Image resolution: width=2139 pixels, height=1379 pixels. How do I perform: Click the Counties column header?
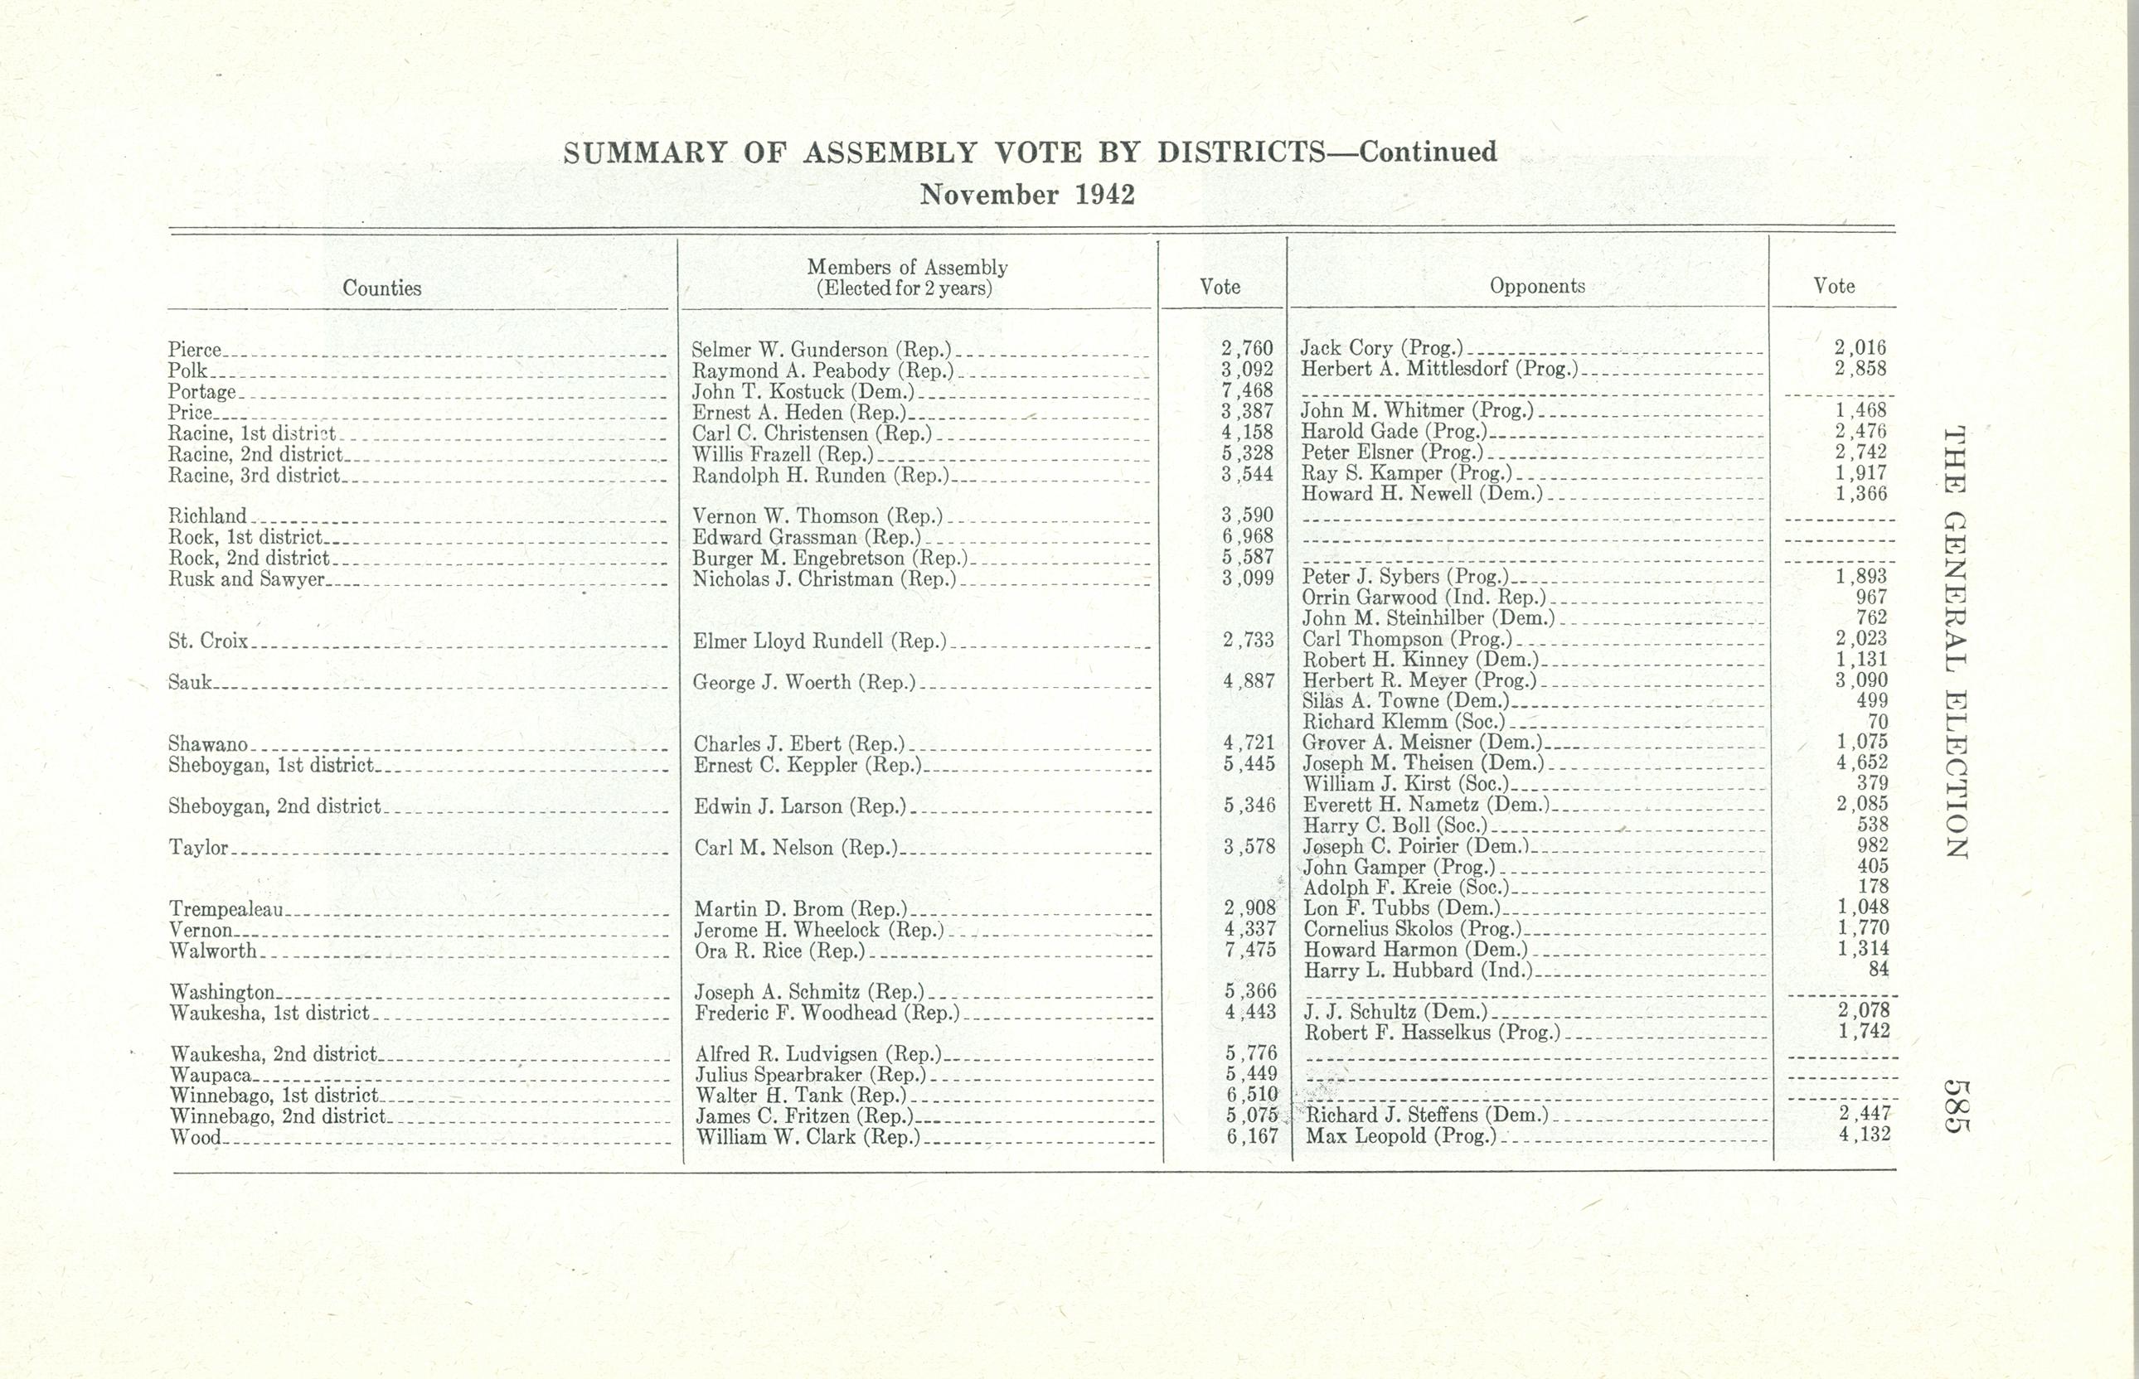click(381, 288)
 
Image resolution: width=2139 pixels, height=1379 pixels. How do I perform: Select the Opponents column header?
click(1537, 287)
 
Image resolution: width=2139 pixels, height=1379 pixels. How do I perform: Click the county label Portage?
click(202, 392)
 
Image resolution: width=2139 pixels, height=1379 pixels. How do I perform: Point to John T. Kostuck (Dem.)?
click(803, 391)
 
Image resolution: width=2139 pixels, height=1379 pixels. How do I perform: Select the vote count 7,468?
click(1247, 390)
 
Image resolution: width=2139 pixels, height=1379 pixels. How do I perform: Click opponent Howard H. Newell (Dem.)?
click(1423, 493)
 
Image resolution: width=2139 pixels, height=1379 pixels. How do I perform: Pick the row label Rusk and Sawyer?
click(246, 578)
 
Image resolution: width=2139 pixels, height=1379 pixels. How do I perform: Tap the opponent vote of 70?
click(1878, 722)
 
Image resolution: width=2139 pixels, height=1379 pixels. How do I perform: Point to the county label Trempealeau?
click(226, 910)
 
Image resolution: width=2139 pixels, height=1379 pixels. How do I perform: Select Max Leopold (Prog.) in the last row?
click(1401, 1137)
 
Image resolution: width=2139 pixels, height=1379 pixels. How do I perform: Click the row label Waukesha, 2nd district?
click(274, 1054)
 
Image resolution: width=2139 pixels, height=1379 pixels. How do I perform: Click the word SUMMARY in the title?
click(644, 153)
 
